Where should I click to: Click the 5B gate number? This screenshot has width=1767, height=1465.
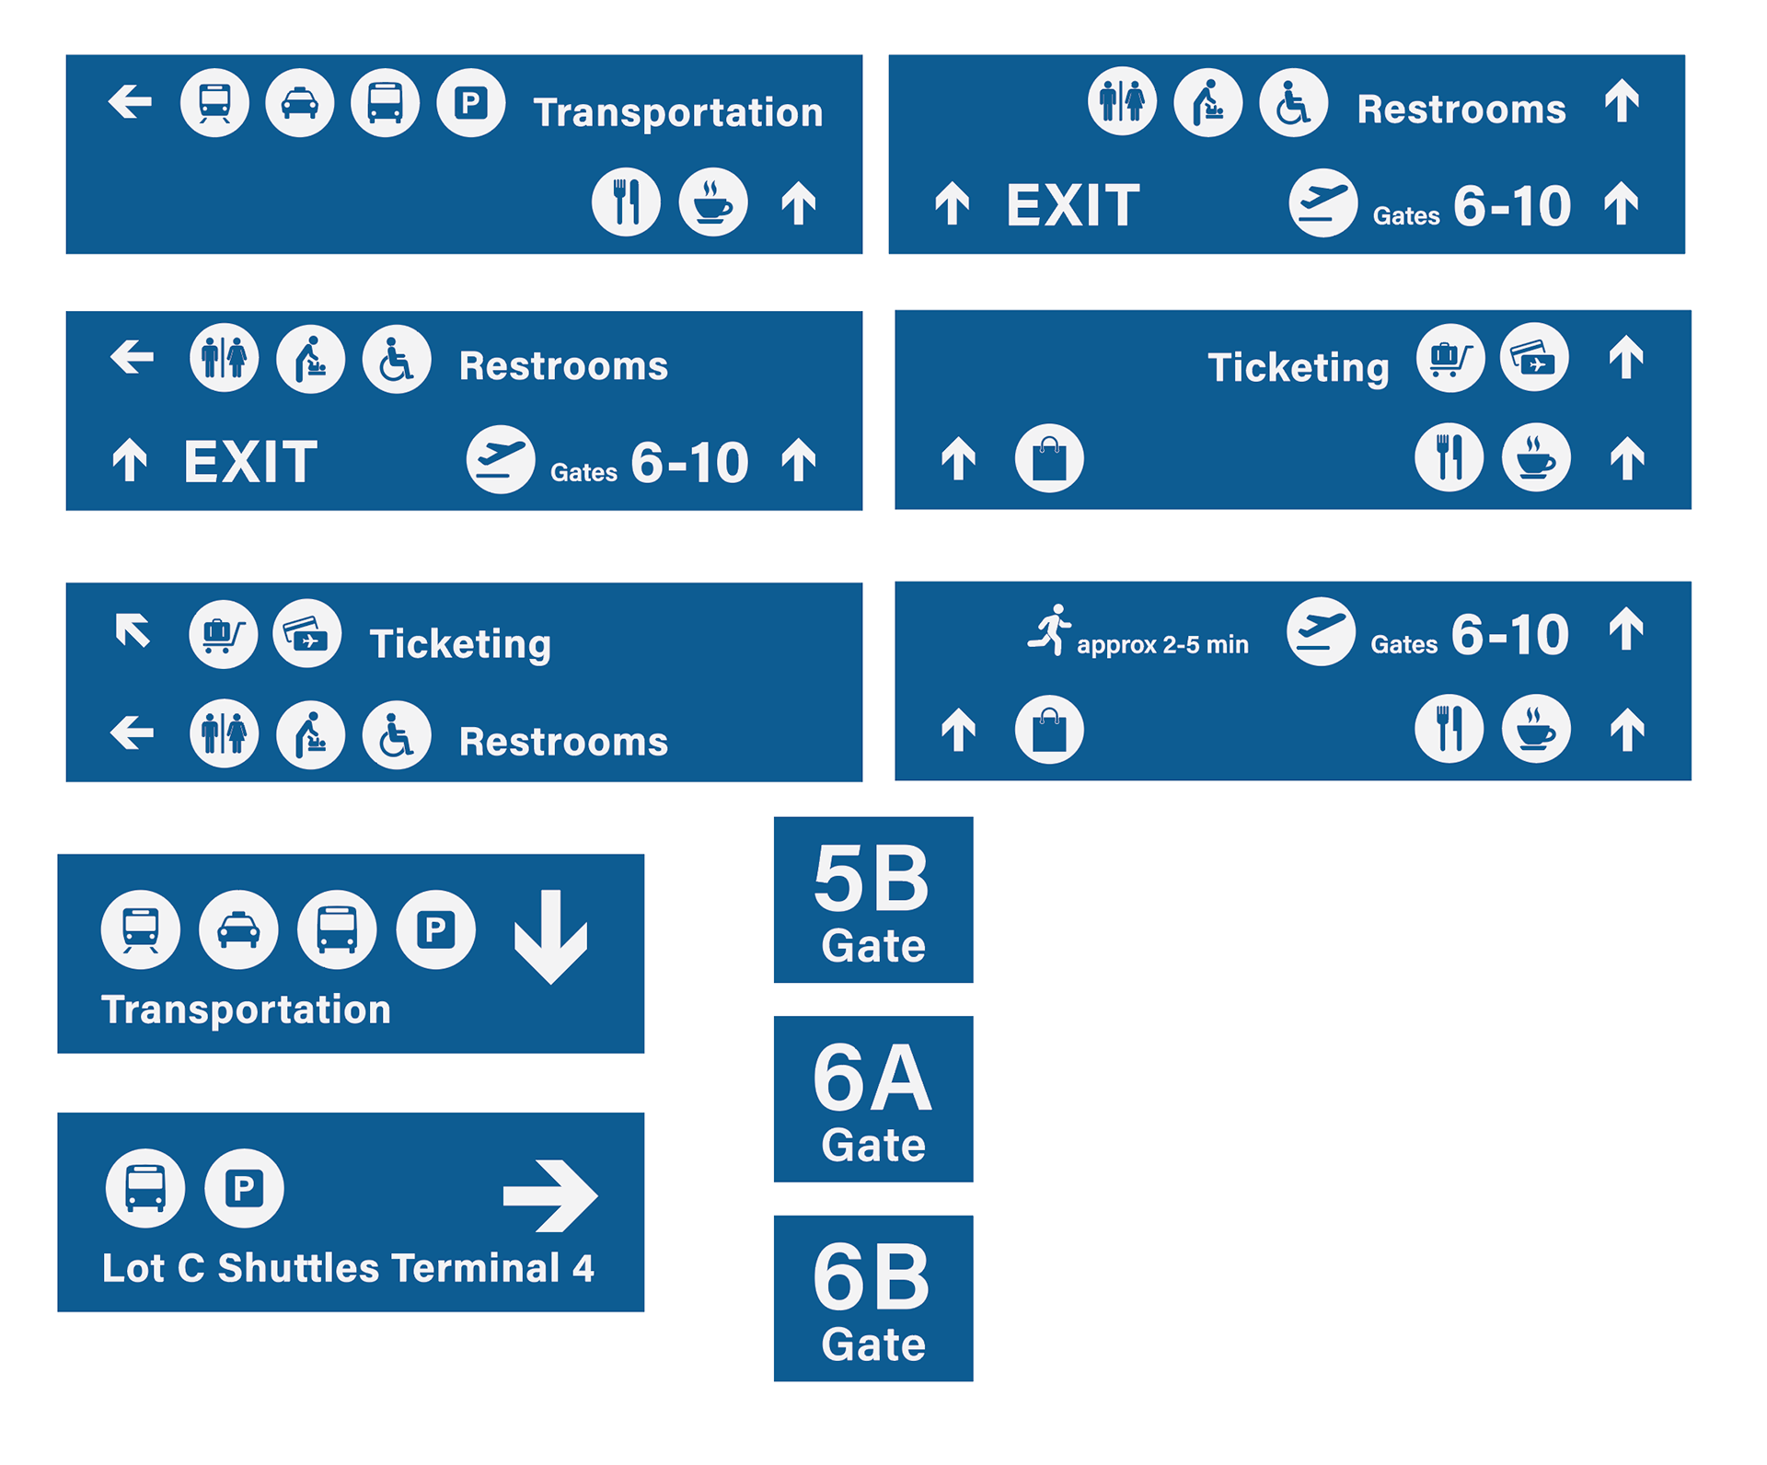pyautogui.click(x=872, y=879)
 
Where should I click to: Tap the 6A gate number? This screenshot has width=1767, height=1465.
pyautogui.click(x=872, y=1078)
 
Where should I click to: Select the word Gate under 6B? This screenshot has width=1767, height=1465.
pyautogui.click(x=873, y=1344)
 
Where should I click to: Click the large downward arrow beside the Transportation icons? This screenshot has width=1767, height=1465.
pyautogui.click(x=550, y=936)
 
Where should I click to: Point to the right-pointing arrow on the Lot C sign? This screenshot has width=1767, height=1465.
pyautogui.click(x=550, y=1195)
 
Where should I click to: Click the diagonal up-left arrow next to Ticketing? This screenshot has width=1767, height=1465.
pyautogui.click(x=133, y=631)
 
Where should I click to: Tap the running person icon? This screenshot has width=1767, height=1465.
pyautogui.click(x=1050, y=630)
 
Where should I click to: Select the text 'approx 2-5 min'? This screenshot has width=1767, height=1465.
pyautogui.click(x=1162, y=644)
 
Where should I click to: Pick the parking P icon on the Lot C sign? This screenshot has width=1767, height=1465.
pyautogui.click(x=244, y=1188)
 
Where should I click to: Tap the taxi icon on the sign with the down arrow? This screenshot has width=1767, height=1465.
pyautogui.click(x=238, y=929)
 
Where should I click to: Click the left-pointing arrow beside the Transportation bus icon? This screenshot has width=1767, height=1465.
pyautogui.click(x=131, y=101)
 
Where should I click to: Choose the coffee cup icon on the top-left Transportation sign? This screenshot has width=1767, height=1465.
pyautogui.click(x=712, y=202)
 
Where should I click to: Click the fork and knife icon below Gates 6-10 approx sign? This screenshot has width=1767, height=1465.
pyautogui.click(x=1449, y=728)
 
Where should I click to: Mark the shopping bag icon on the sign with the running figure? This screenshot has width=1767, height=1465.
pyautogui.click(x=1049, y=730)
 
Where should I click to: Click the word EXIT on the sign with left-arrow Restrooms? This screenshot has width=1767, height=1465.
pyautogui.click(x=250, y=462)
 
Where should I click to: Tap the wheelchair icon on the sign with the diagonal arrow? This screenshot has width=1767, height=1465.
pyautogui.click(x=397, y=734)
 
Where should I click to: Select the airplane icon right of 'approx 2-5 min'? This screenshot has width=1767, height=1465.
pyautogui.click(x=1321, y=631)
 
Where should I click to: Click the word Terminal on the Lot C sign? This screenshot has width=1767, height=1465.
pyautogui.click(x=476, y=1268)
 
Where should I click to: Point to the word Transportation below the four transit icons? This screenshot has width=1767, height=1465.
pyautogui.click(x=247, y=1009)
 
